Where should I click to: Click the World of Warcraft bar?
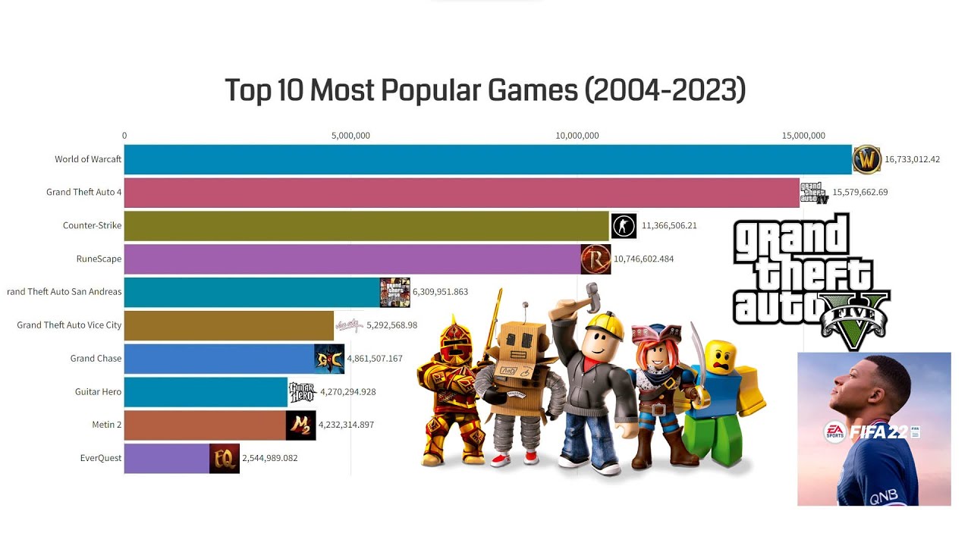point(485,159)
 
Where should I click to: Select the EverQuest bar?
point(167,458)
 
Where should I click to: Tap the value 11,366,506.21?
point(669,225)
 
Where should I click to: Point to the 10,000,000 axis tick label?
point(577,136)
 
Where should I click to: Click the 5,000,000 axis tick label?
point(350,136)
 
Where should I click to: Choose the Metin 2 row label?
point(106,425)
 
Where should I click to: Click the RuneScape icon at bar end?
point(595,259)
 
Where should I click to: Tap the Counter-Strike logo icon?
point(624,225)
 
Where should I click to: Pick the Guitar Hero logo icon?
point(301,392)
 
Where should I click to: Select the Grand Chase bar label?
point(96,358)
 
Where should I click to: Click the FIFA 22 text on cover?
point(878,431)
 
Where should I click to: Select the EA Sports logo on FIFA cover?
point(834,432)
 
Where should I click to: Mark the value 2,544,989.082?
point(269,458)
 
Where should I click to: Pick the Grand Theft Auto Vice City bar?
point(228,325)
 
